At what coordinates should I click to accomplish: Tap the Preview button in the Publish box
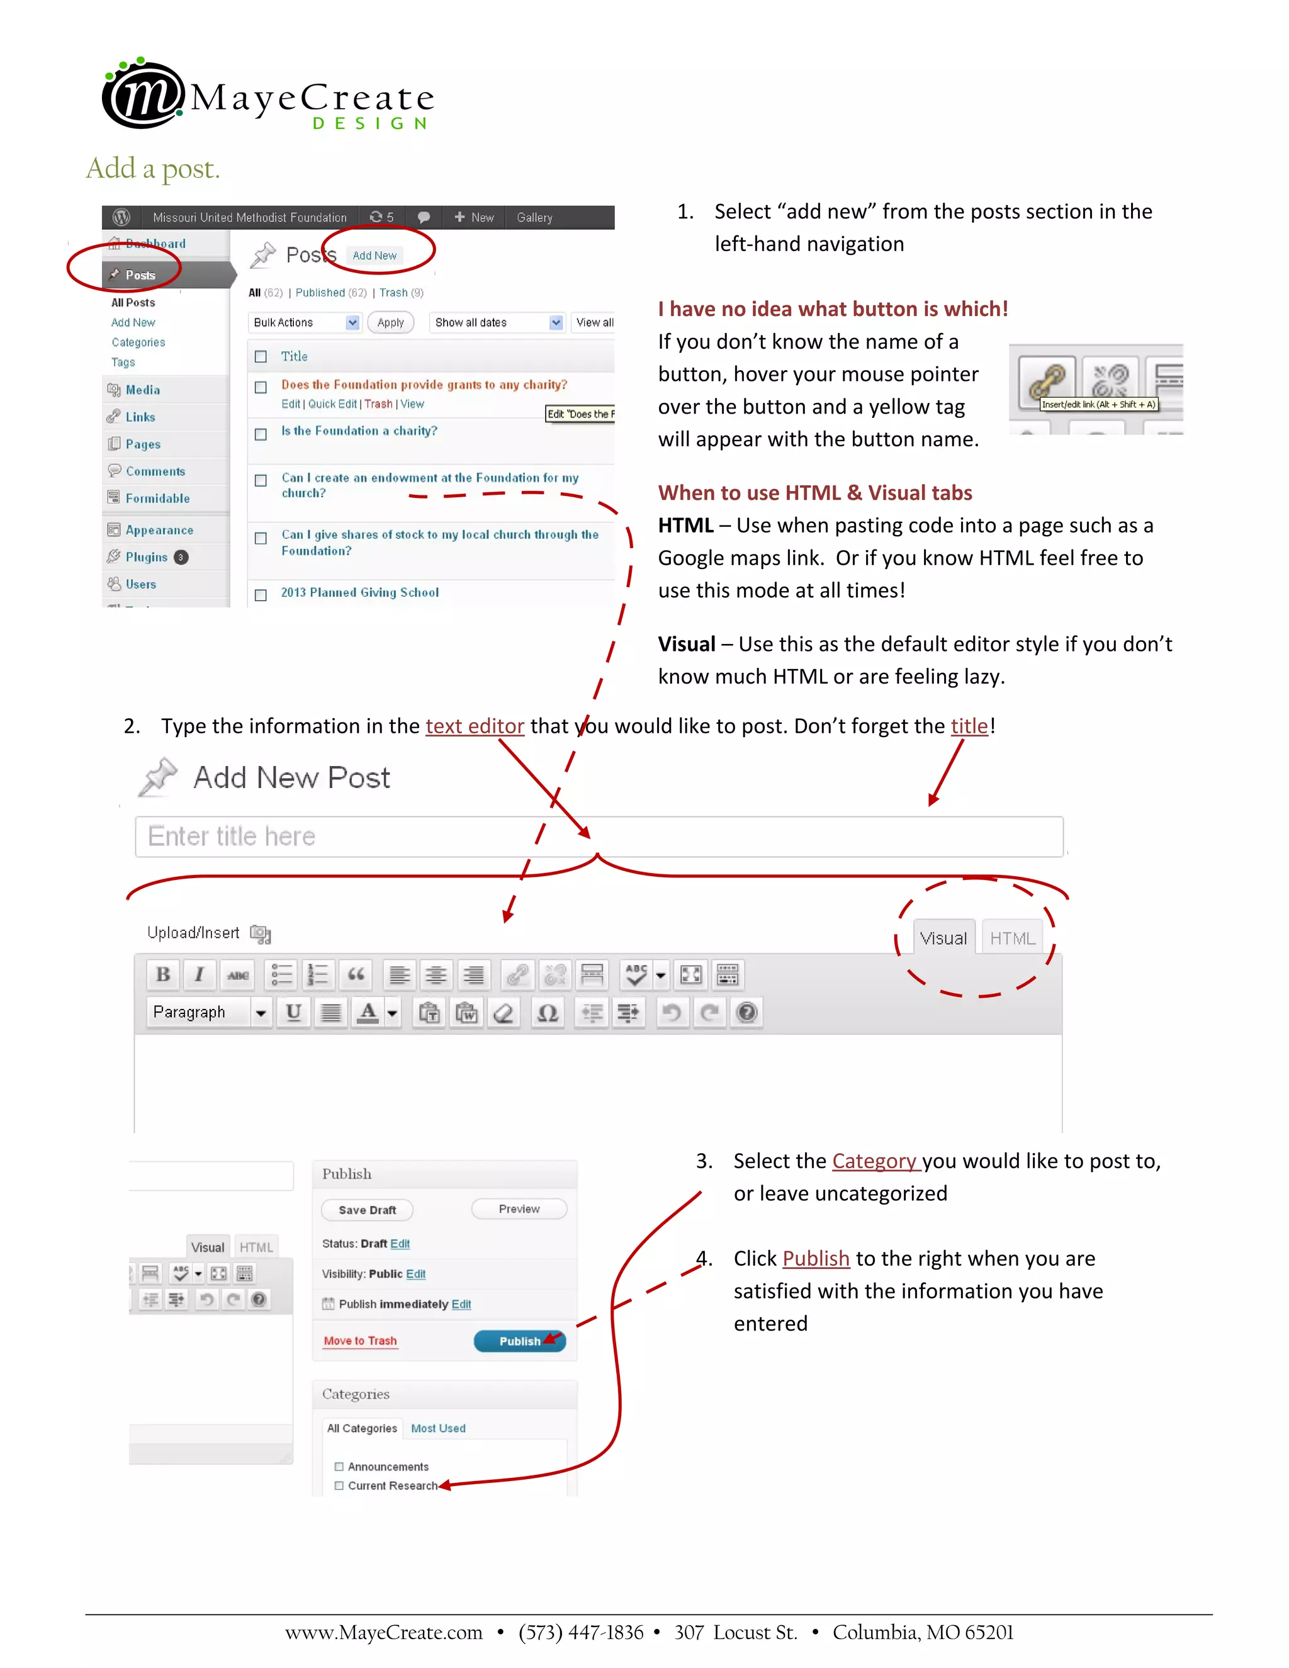519,1209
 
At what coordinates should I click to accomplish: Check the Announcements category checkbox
339,1467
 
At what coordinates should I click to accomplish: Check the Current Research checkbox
339,1485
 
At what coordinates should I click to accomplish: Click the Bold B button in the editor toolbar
162,974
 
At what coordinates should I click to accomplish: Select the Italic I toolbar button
200,974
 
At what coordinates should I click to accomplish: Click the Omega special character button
547,1013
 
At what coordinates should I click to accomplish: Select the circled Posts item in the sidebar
140,275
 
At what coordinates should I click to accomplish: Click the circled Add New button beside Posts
374,256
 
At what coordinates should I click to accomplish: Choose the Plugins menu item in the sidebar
146,557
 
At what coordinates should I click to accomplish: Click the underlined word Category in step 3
874,1161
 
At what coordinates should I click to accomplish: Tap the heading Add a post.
153,168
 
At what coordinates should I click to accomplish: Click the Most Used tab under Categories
437,1428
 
